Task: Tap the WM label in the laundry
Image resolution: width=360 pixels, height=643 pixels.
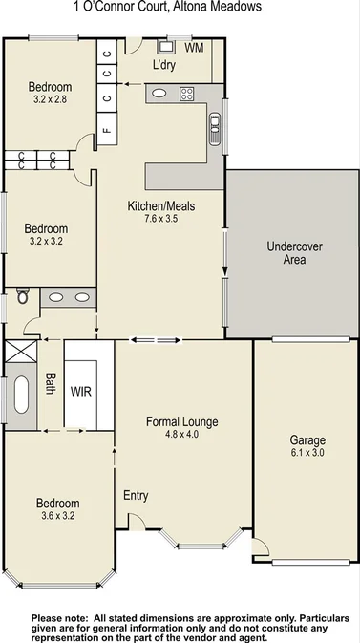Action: point(193,47)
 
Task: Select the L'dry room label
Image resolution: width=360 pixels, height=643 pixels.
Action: point(167,65)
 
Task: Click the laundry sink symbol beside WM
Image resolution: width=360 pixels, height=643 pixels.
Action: point(173,45)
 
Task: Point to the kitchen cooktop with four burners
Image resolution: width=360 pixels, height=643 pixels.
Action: point(187,94)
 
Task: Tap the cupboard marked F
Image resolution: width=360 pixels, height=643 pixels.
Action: point(106,129)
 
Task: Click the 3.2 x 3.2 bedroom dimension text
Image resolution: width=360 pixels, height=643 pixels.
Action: point(47,243)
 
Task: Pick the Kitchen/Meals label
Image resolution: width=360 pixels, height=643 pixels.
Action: point(159,205)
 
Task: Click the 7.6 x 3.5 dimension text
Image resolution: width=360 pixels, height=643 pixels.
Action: point(159,219)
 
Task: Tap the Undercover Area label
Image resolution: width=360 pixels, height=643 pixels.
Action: point(293,252)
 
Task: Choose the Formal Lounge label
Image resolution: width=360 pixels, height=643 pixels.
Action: point(181,421)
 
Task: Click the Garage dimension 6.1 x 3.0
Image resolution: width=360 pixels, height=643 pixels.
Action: point(307,453)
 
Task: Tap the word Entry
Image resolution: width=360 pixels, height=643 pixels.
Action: point(136,495)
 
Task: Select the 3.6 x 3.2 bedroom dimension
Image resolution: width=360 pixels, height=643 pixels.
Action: point(57,516)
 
